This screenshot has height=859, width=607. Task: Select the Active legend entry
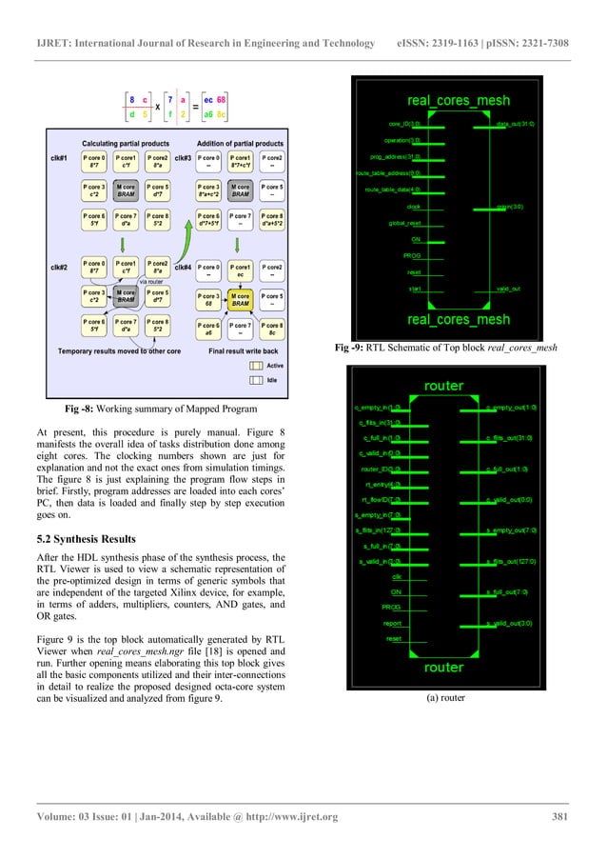[x=274, y=365]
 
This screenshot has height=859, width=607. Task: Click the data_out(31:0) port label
[x=517, y=123]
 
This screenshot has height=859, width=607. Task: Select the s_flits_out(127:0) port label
[x=512, y=562]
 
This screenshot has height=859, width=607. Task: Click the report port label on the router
[x=391, y=623]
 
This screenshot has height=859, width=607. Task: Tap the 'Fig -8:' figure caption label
[x=85, y=410]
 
